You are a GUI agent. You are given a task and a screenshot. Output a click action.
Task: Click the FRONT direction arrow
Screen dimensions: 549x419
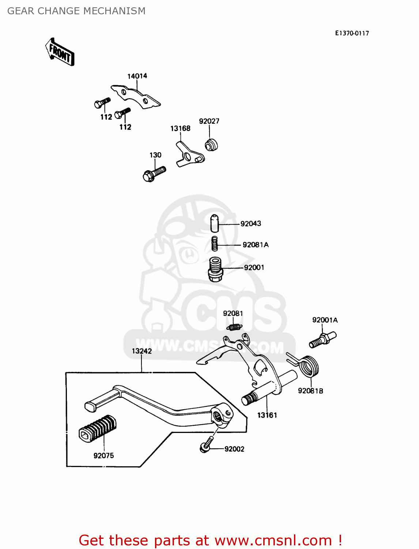60,52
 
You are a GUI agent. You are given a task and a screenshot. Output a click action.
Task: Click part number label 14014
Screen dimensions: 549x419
137,76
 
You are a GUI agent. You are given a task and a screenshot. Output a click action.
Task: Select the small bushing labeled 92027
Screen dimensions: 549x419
211,145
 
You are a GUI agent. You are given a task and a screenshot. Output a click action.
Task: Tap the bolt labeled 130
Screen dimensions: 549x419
154,174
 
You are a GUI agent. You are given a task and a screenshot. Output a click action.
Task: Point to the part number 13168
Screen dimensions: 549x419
180,128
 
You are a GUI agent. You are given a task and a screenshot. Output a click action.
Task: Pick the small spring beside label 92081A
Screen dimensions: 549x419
215,244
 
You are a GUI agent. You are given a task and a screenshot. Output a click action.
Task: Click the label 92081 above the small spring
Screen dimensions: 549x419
233,313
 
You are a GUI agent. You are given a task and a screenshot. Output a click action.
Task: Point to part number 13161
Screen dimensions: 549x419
267,415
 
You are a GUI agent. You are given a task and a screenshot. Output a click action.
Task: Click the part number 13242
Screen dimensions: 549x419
141,351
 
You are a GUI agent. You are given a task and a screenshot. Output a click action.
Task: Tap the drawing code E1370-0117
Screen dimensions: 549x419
352,33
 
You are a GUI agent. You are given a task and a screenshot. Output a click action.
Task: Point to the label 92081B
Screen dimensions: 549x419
310,391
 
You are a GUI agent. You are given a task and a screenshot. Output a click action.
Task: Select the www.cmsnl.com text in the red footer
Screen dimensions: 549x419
273,540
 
